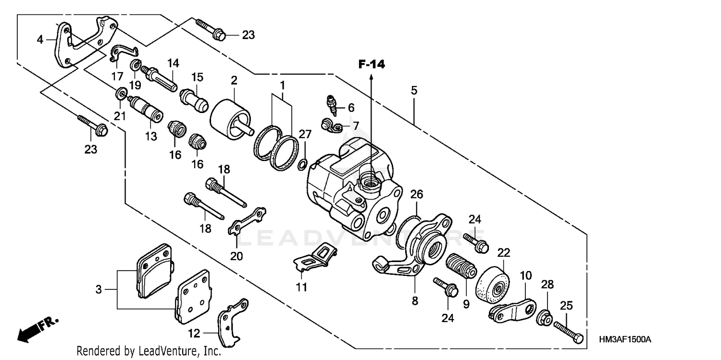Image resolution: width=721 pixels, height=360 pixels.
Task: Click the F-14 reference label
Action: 372,64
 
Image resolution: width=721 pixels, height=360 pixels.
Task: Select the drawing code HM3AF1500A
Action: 624,340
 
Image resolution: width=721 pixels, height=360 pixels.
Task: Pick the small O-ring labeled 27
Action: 302,164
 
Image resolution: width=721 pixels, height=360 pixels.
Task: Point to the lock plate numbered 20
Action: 247,222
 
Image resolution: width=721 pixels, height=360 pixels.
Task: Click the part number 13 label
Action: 151,137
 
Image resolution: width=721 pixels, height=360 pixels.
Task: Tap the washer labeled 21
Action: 122,92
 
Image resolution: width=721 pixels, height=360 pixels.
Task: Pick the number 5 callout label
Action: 414,90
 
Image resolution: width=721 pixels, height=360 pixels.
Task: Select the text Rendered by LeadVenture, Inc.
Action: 149,351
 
